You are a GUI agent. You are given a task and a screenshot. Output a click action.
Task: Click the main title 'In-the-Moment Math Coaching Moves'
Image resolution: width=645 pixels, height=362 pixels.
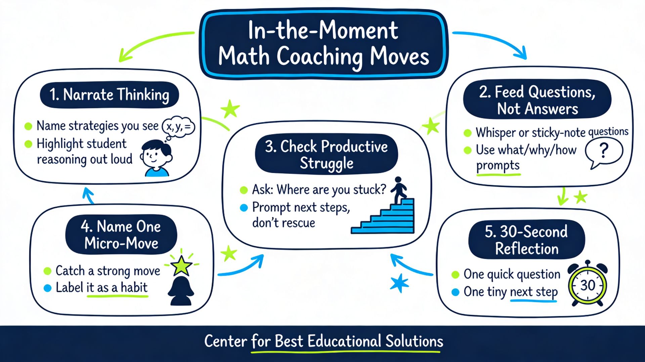point(324,44)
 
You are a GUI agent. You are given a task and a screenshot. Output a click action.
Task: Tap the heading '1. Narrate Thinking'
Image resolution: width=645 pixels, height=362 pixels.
point(109,95)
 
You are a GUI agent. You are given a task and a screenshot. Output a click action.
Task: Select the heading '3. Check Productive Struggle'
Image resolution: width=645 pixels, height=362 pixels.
point(326,155)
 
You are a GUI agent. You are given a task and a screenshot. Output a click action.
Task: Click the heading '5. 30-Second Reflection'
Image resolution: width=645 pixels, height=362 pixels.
point(526,240)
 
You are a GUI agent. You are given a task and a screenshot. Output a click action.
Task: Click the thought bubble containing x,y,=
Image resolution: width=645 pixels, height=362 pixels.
point(178,127)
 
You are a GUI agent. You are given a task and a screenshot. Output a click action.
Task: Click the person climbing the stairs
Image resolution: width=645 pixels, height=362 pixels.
point(398,190)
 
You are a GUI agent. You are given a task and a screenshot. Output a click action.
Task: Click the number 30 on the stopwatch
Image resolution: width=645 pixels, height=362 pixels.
point(588,286)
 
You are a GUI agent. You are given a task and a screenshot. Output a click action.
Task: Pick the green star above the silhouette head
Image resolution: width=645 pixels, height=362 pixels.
point(181,265)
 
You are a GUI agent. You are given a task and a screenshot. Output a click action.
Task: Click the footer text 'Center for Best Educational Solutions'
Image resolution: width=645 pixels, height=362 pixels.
point(324,341)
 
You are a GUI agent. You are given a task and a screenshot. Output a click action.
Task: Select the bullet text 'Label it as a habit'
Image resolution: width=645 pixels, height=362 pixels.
point(101,288)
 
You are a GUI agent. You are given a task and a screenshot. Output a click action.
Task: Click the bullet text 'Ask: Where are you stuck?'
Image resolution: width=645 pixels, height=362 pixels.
point(319,190)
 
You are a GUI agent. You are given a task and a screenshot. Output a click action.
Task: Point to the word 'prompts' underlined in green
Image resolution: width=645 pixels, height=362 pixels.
point(498,165)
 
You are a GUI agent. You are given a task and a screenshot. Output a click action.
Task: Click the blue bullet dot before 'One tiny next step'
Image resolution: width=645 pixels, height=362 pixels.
point(456,292)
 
